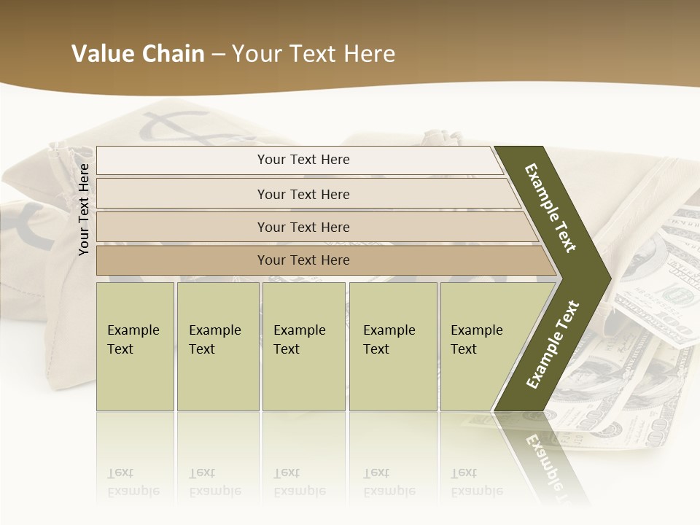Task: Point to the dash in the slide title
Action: tap(218, 55)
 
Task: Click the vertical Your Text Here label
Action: tap(84, 209)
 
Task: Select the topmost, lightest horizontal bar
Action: tap(299, 160)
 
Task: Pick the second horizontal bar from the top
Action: tap(306, 194)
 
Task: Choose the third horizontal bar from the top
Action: tap(314, 227)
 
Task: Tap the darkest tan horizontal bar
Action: tap(321, 260)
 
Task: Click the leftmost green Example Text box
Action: tap(135, 346)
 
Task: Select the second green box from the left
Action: tap(218, 346)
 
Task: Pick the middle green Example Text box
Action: tap(304, 346)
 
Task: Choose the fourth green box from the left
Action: tap(393, 346)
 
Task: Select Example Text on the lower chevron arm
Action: tap(553, 344)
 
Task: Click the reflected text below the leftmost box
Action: tap(133, 482)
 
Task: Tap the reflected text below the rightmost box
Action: tap(476, 482)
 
